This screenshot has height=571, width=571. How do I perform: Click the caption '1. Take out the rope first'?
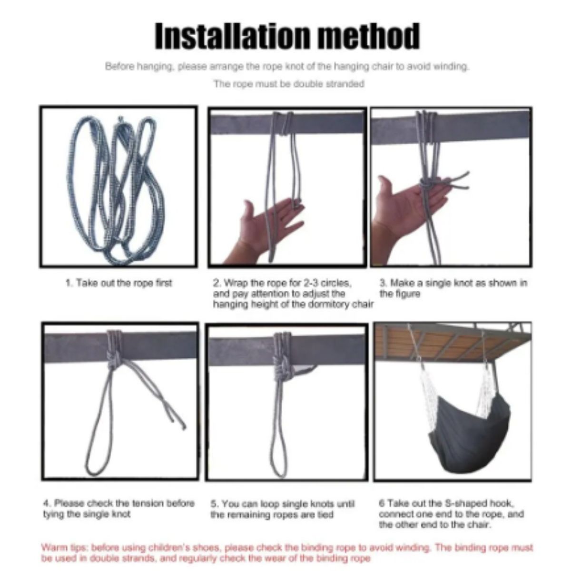pos(118,283)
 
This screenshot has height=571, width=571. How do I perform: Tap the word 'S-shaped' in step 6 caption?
pos(472,503)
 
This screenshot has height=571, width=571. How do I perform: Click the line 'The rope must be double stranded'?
pos(289,84)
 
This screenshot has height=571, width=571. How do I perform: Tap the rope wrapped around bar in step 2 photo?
pos(283,125)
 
